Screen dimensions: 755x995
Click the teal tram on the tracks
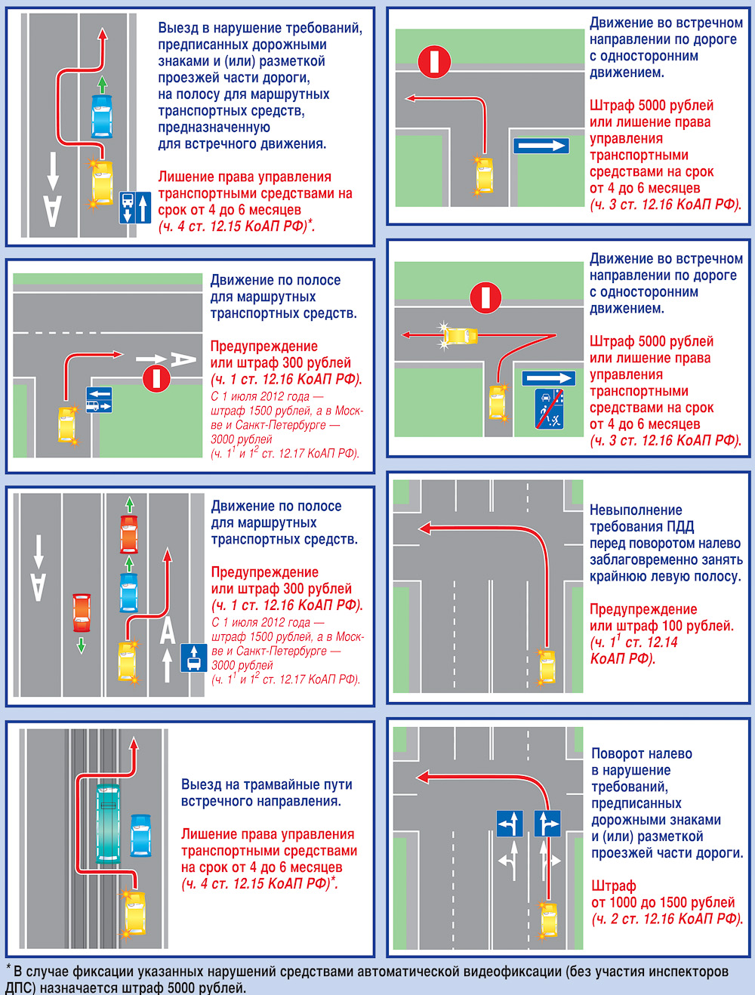(x=108, y=824)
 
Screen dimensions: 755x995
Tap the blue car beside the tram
(x=140, y=836)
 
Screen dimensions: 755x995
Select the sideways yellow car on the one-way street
(x=461, y=336)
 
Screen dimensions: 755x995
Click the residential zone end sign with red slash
(x=549, y=408)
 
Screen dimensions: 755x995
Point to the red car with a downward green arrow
(x=82, y=613)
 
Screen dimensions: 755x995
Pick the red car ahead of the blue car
(x=128, y=534)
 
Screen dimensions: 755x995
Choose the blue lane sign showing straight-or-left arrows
(x=510, y=823)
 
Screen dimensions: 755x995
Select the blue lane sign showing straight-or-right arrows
(x=547, y=823)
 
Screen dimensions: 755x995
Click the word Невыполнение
(x=636, y=510)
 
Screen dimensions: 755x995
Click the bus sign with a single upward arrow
(x=194, y=658)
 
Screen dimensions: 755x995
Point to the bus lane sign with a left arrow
(x=99, y=399)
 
